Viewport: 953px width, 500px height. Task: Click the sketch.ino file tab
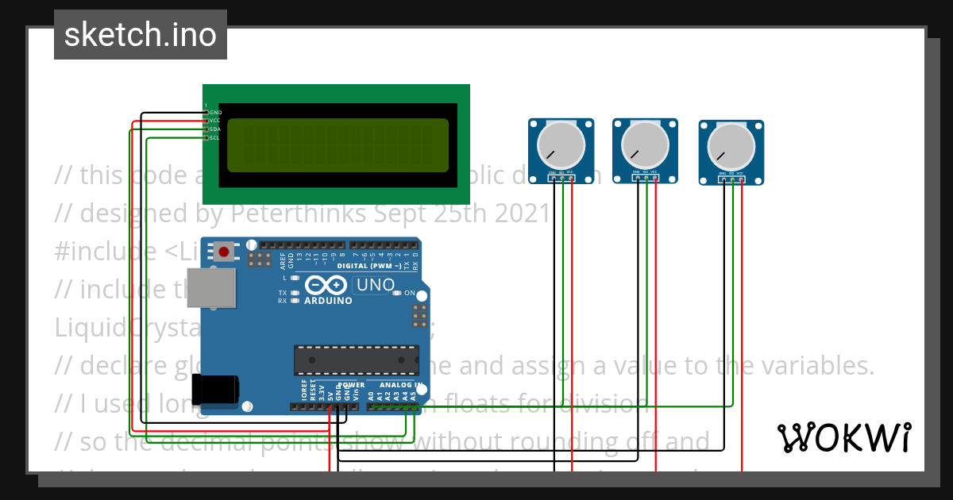140,35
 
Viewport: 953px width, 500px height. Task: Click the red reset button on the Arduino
224,252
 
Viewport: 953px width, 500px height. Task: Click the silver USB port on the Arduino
212,287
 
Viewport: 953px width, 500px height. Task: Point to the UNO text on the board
375,284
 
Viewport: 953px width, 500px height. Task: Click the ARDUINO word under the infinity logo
327,301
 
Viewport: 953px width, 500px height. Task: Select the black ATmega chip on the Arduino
357,360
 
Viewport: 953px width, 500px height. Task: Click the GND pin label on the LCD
215,113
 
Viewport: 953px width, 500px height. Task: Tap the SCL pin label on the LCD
214,138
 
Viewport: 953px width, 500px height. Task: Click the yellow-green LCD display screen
338,145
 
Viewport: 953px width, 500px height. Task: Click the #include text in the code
106,251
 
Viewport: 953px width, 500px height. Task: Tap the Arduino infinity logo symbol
326,285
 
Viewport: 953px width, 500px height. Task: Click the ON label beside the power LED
410,293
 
